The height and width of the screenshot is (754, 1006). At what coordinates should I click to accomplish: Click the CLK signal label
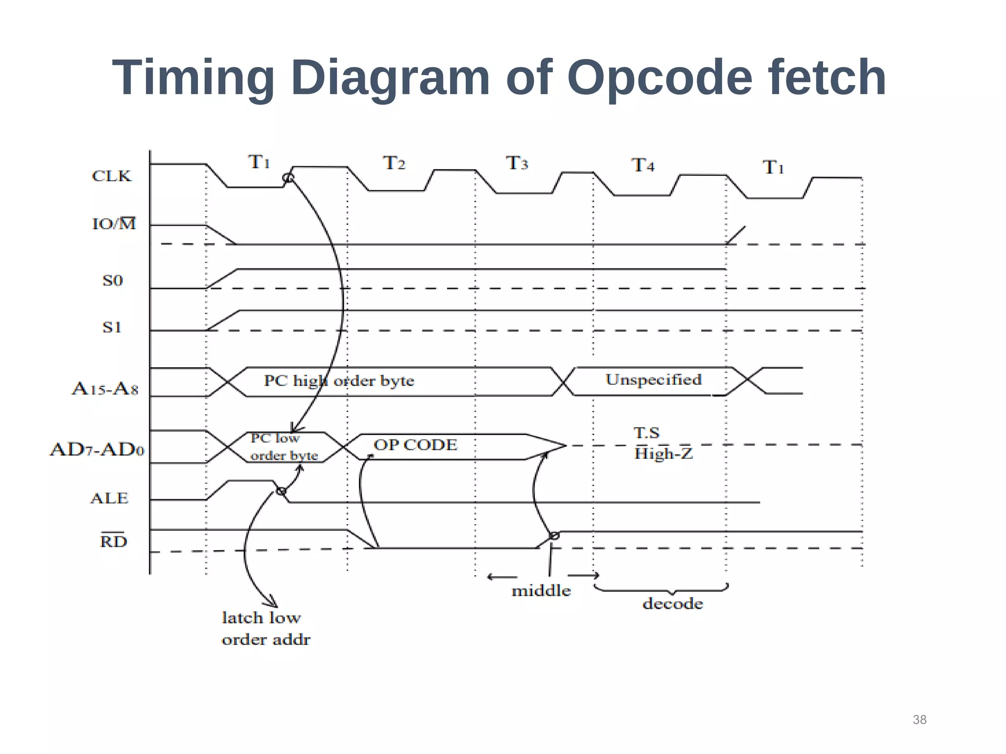pyautogui.click(x=112, y=176)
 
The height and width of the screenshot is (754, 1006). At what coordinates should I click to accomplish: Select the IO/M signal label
pyautogui.click(x=114, y=224)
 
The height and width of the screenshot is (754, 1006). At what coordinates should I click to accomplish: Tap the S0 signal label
pyautogui.click(x=112, y=281)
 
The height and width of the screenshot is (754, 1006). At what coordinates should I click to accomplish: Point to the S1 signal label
pyautogui.click(x=112, y=327)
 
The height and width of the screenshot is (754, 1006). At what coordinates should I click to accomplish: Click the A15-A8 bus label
pyautogui.click(x=105, y=389)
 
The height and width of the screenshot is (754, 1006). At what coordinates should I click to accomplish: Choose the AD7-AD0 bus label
pyautogui.click(x=97, y=449)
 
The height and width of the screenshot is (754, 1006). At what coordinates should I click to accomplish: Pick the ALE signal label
pyautogui.click(x=110, y=498)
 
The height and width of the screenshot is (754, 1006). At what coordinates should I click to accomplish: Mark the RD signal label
pyautogui.click(x=113, y=541)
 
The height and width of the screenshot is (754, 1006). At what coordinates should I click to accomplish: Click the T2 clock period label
pyautogui.click(x=394, y=163)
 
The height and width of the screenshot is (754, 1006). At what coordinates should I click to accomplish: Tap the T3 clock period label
pyautogui.click(x=517, y=163)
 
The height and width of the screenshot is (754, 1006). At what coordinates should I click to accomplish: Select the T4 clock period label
pyautogui.click(x=643, y=165)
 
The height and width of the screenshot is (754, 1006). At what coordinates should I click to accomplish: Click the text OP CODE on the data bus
pyautogui.click(x=416, y=445)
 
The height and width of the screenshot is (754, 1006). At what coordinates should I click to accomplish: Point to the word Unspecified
pyautogui.click(x=653, y=379)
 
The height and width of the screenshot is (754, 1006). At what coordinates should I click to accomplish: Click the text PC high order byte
pyautogui.click(x=339, y=380)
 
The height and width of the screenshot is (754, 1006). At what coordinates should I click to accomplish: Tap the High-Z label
pyautogui.click(x=663, y=453)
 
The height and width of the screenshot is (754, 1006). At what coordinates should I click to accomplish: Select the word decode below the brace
pyautogui.click(x=672, y=603)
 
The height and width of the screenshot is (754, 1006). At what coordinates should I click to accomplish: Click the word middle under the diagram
pyautogui.click(x=541, y=591)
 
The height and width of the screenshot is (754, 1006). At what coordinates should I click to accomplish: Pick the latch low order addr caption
pyautogui.click(x=266, y=628)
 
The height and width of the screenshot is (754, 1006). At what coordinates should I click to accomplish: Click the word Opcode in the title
pyautogui.click(x=660, y=78)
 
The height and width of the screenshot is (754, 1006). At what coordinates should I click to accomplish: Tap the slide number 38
pyautogui.click(x=920, y=720)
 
